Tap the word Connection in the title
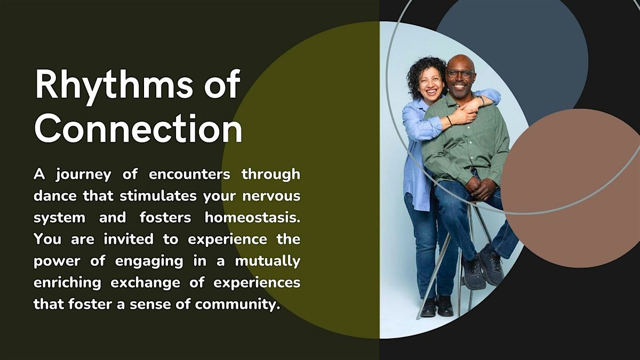[138, 129]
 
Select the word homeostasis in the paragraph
[253, 218]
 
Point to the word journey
[83, 175]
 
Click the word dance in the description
[55, 196]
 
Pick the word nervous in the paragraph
[271, 196]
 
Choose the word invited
[129, 239]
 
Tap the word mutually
[268, 262]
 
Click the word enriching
[67, 283]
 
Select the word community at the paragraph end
[237, 305]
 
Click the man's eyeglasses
[460, 74]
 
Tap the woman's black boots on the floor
[437, 307]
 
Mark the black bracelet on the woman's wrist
[450, 121]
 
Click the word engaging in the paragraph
[149, 262]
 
